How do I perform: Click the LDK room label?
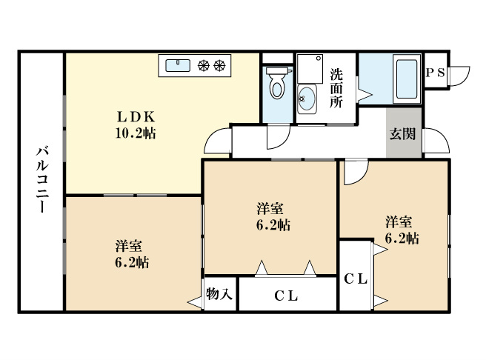pos(134,117)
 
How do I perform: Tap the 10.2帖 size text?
pos(134,134)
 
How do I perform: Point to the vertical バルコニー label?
pos(41,181)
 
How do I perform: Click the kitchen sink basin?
pos(178,66)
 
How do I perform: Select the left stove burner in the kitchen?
pos(204,66)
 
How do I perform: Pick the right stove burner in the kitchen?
pos(219,66)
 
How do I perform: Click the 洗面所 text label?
pos(336,88)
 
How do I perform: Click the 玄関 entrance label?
pos(403,134)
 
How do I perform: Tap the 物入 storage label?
pos(220,294)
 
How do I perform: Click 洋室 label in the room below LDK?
pos(128,245)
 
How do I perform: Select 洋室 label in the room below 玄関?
pos(399,221)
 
